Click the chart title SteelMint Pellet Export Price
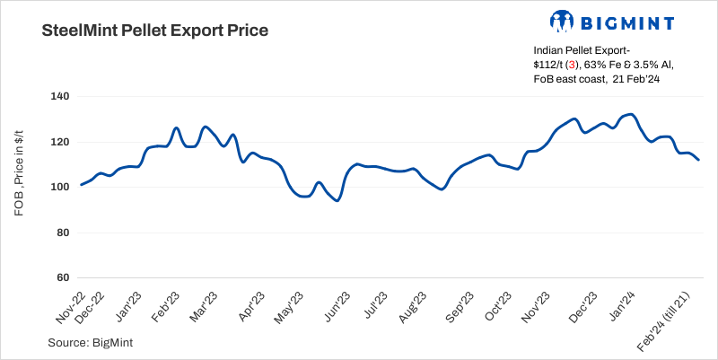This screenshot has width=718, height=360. click(x=155, y=31)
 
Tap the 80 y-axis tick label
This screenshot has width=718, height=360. click(x=61, y=233)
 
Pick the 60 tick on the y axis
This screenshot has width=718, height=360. click(x=61, y=278)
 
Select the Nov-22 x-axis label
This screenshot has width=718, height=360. click(x=71, y=307)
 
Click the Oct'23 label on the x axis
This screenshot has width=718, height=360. click(x=498, y=306)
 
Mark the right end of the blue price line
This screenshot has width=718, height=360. click(x=699, y=160)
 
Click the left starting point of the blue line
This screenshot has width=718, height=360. click(x=81, y=185)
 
